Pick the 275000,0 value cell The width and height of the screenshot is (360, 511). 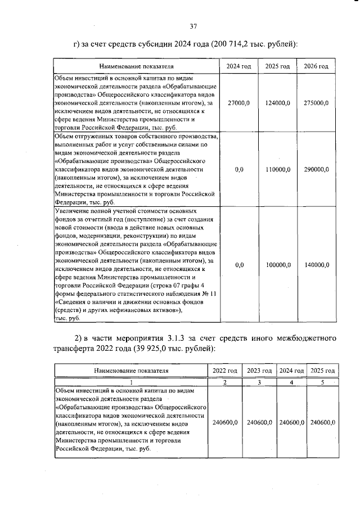click(x=316, y=103)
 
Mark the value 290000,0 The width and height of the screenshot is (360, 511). click(x=316, y=169)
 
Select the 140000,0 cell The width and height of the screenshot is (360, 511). click(x=316, y=265)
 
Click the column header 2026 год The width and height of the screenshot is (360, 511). click(x=316, y=67)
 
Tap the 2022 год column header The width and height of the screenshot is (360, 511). click(x=224, y=371)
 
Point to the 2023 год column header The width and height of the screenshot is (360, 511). click(x=259, y=371)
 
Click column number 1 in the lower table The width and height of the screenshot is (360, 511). click(x=130, y=382)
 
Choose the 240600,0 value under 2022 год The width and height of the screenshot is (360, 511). click(x=224, y=422)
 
